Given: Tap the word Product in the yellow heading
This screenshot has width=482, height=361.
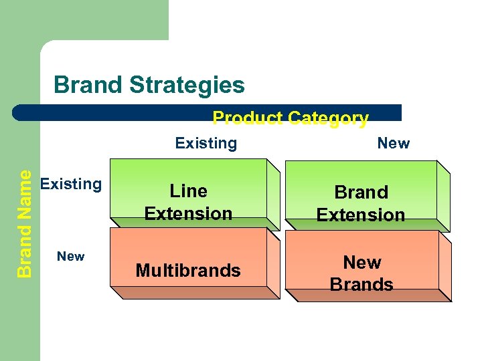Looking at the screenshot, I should coord(247,119).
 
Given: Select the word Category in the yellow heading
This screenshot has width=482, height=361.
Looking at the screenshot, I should coord(327,119).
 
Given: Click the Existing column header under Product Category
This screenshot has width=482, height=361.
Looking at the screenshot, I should coord(206,143).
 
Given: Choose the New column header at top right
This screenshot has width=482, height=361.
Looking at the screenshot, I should coord(394,143).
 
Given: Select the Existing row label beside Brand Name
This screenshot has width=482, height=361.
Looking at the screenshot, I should coord(71,184).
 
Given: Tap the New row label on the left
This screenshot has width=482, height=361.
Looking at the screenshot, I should coord(70,256).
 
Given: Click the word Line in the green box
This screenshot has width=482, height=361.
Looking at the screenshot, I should coord(189,191).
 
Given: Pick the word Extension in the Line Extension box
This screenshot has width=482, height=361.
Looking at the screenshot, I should coord(189,214).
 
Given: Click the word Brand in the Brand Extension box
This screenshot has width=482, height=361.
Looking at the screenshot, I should coord(361,193).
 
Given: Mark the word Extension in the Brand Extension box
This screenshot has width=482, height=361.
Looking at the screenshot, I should coord(361,215).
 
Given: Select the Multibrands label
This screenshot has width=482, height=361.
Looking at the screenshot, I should coord(188,271).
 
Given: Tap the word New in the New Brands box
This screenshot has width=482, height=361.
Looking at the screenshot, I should coord(362,262).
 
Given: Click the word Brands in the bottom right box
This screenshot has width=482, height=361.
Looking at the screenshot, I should coord(361,285).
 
